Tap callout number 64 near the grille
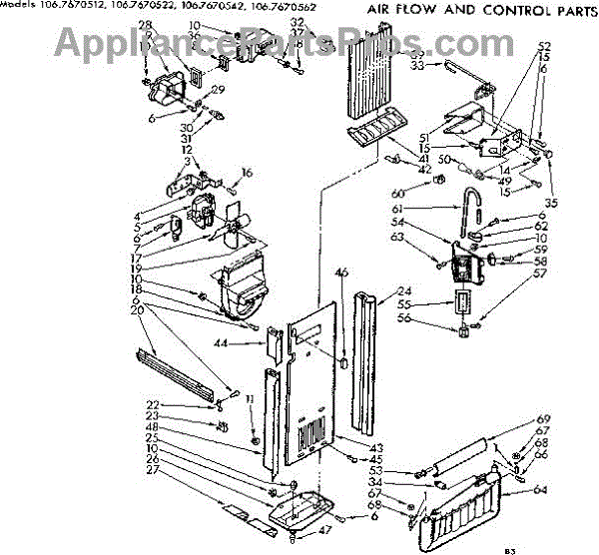(541, 490)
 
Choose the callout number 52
(544, 47)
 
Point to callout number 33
(417, 65)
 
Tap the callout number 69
(544, 419)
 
